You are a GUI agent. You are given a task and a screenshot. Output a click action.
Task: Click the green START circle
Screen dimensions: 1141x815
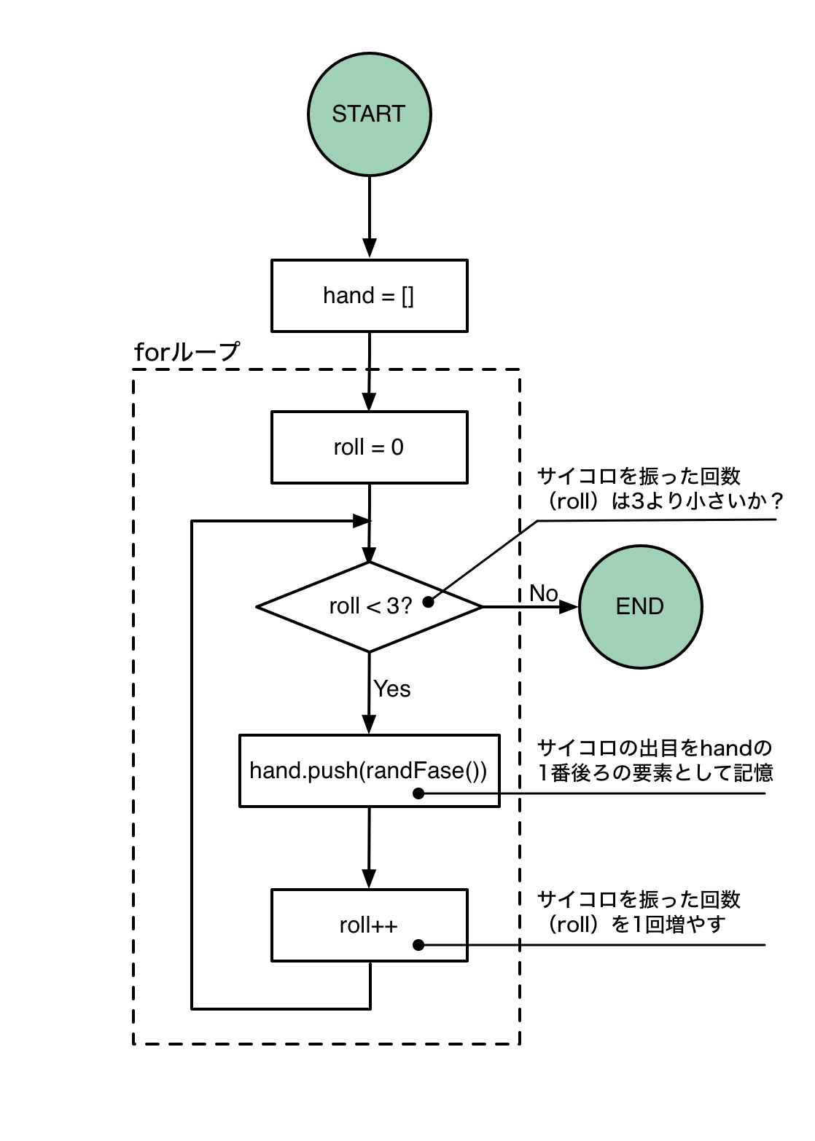(x=370, y=114)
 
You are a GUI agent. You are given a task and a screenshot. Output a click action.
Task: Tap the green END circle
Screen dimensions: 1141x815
(x=640, y=606)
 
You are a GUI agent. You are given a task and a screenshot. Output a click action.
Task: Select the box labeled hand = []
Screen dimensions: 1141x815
(x=369, y=296)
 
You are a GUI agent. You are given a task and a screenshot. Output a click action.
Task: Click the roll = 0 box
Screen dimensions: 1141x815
(x=369, y=447)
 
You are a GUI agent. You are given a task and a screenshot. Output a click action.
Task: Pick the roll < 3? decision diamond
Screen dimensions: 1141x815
(x=369, y=606)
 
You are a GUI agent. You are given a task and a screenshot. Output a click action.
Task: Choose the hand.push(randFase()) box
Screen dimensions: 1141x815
(x=369, y=771)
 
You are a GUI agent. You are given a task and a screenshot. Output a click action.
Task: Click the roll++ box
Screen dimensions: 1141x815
(x=369, y=925)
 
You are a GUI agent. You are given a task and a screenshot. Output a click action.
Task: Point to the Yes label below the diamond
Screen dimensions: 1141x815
(x=392, y=689)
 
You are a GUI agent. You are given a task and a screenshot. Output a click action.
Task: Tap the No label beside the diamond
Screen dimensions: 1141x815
(x=544, y=593)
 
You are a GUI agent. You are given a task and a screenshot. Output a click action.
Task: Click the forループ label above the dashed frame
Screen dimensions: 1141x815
(x=187, y=353)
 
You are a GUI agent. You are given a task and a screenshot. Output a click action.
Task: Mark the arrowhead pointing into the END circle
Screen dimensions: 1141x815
(x=569, y=606)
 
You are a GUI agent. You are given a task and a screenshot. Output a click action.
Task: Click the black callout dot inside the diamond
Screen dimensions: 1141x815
(x=429, y=602)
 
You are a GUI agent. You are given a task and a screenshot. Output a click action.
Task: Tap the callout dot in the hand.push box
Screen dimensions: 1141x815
(x=418, y=793)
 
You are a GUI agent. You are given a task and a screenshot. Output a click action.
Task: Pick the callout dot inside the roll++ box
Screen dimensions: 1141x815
(x=418, y=945)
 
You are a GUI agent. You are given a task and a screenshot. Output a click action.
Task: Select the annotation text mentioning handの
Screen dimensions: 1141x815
(x=654, y=760)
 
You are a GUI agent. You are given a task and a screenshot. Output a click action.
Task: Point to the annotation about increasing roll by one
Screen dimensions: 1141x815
(x=638, y=911)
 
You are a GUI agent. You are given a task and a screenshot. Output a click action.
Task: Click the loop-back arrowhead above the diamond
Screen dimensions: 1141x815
(x=362, y=521)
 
